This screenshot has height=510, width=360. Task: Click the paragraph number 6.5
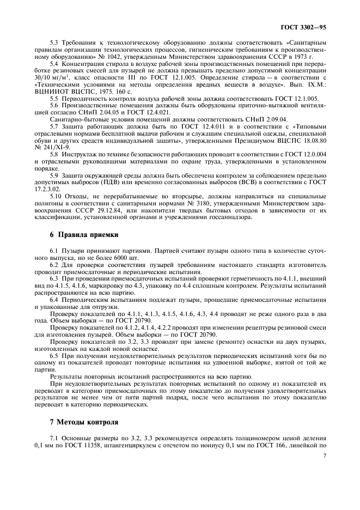(55, 355)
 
